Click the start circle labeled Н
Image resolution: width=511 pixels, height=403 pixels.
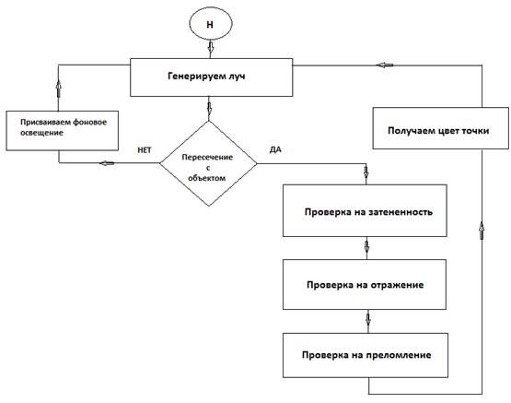point(211,24)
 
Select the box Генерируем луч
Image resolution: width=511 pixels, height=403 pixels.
point(211,77)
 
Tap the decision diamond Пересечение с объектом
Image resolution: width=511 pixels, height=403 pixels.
point(208,163)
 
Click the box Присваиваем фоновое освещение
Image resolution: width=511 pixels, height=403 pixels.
point(63,131)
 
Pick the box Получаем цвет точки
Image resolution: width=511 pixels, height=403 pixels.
point(441,128)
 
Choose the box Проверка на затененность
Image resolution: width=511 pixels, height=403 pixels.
point(365,210)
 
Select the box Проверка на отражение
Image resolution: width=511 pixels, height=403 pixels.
point(365,285)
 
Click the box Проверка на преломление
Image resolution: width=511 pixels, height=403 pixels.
point(366,355)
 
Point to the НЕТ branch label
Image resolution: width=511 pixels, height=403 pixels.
point(145,149)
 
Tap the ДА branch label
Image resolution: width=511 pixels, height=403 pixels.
point(275,149)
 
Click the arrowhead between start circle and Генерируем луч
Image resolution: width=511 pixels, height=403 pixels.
point(211,48)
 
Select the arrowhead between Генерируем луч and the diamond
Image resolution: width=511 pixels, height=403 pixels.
point(209,109)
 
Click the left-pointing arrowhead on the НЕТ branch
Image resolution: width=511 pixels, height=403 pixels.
point(107,163)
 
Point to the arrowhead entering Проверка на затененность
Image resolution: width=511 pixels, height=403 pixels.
point(366,172)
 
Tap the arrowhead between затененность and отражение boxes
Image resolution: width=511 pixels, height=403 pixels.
point(366,247)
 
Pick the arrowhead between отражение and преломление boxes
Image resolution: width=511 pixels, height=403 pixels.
point(368,319)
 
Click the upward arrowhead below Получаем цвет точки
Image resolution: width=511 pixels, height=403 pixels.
point(482,231)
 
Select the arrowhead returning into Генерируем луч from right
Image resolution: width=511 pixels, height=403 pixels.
point(385,65)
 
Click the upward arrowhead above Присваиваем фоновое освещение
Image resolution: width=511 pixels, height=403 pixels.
point(59,89)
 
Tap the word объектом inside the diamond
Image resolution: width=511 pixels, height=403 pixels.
point(206,178)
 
